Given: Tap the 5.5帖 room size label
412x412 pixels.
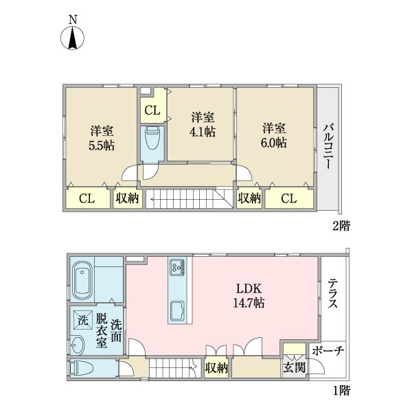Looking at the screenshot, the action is [102, 146].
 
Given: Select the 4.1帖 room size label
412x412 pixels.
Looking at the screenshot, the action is [203, 132].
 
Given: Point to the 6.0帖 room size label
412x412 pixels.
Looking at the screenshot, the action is [274, 143].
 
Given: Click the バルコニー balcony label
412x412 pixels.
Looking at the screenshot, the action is [328, 146].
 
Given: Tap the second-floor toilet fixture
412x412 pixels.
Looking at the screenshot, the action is [152, 138].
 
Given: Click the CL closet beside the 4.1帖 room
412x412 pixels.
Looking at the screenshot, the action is [152, 111].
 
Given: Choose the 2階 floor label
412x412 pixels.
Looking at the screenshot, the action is [341, 226].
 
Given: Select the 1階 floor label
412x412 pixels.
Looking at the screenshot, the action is [342, 391].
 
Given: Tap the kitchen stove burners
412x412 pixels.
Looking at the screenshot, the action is [177, 267].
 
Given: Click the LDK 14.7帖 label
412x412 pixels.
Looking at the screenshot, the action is [249, 296].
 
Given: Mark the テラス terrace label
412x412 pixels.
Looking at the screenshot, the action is [332, 293].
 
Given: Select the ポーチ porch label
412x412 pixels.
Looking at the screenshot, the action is [328, 350].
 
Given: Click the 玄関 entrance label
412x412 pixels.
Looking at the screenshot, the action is [295, 367].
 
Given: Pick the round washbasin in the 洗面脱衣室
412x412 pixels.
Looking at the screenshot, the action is [78, 345].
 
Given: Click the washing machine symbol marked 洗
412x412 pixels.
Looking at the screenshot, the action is [83, 320].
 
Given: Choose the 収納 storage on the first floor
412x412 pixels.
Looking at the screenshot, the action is [216, 367].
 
